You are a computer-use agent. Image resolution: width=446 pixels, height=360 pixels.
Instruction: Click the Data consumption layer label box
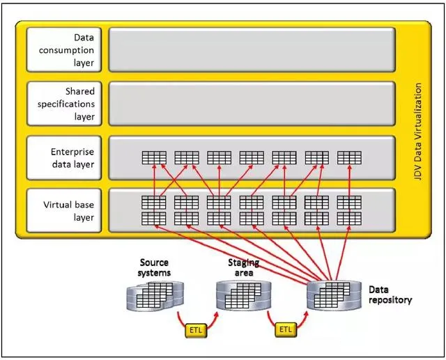(64, 49)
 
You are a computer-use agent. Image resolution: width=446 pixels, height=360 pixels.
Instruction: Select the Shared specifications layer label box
(64, 104)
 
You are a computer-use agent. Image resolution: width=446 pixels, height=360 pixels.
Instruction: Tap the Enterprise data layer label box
(64, 158)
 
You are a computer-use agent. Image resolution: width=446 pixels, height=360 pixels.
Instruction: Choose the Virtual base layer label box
(64, 210)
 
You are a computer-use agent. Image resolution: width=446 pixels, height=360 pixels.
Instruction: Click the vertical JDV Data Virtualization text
(417, 132)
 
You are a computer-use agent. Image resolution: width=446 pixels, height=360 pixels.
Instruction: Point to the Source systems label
(154, 267)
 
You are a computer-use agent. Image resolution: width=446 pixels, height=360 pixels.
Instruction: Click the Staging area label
(243, 267)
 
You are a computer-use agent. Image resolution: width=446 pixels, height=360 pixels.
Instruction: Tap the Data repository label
(390, 295)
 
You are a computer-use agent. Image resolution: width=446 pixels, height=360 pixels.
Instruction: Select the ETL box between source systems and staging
(196, 330)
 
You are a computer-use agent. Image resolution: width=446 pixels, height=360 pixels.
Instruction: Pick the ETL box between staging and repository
(286, 329)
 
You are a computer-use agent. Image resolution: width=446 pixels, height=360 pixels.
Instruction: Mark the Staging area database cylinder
(243, 295)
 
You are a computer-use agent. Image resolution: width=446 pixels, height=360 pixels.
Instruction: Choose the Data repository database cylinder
(334, 295)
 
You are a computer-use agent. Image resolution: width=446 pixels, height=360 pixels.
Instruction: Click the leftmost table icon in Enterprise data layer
(154, 157)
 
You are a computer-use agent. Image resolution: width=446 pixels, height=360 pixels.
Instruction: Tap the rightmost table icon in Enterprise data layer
(349, 157)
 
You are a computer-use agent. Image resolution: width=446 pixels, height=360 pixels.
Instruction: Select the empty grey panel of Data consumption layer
(252, 49)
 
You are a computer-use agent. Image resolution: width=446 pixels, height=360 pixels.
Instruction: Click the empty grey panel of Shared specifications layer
(252, 104)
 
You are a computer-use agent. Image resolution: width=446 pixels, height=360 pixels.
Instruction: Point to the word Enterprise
(72, 152)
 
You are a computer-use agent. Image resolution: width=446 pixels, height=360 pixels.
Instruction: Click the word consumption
(66, 50)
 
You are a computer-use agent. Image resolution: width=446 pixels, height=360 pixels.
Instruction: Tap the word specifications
(66, 104)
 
